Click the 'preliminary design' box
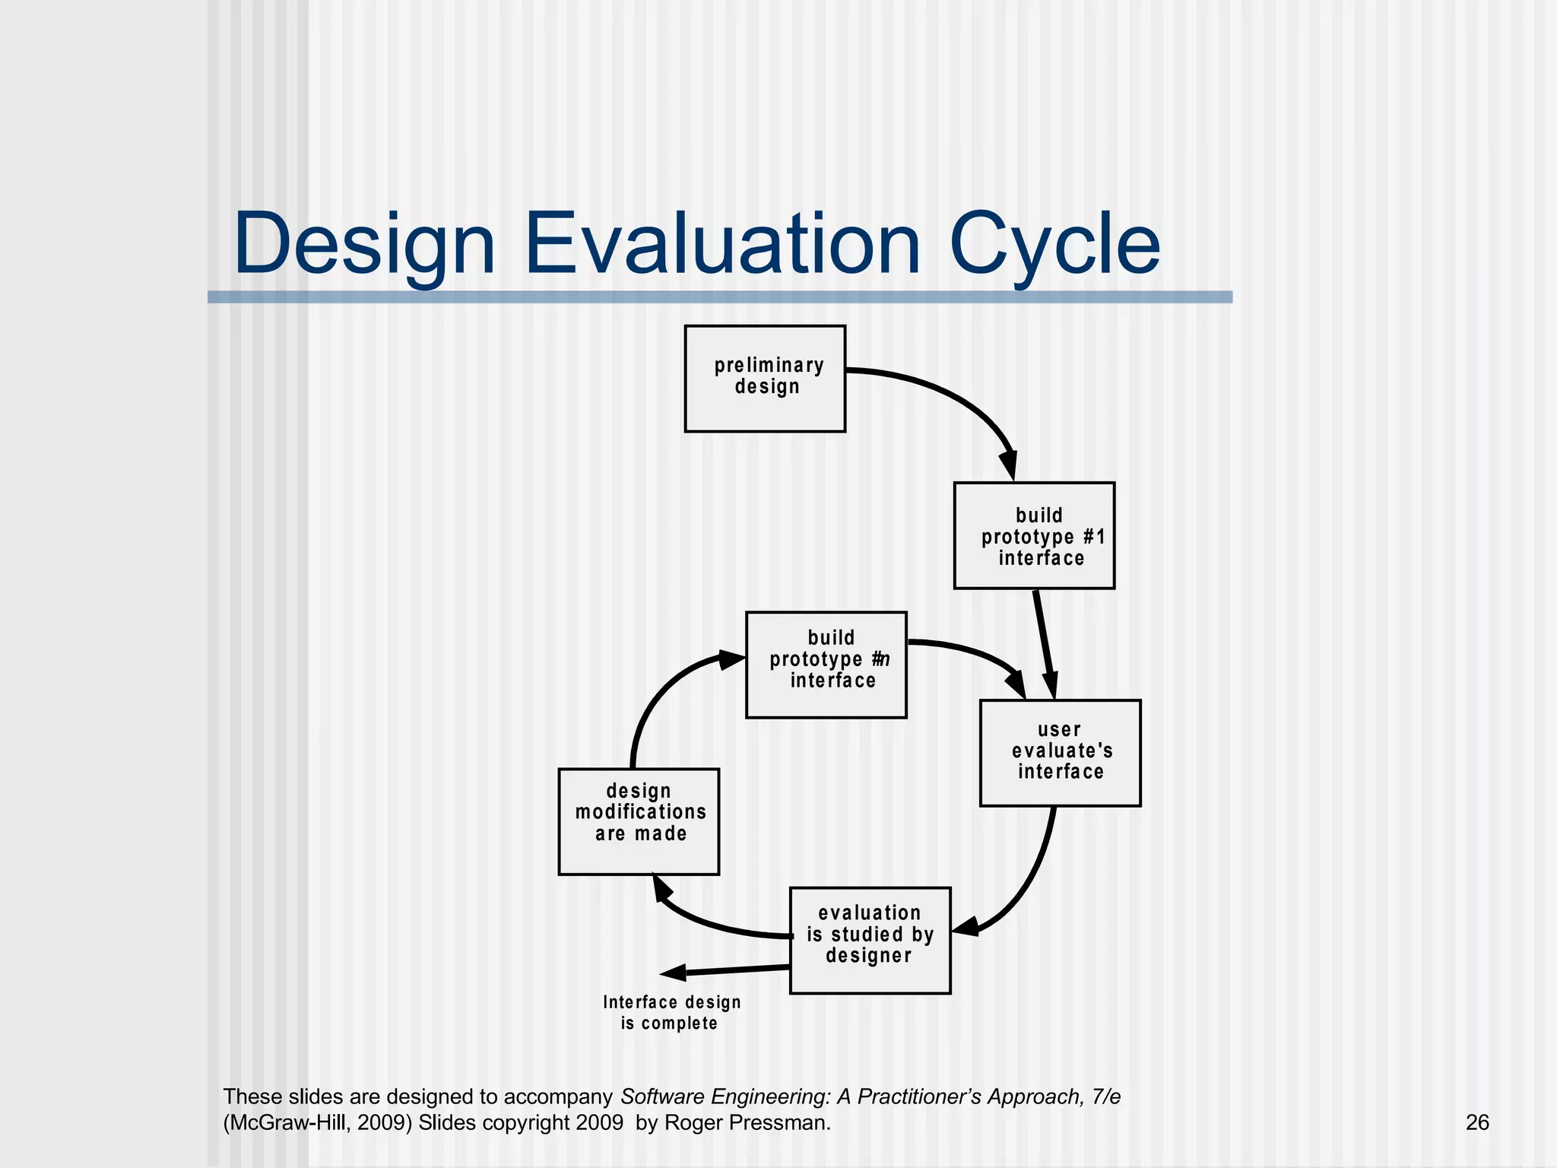(x=765, y=379)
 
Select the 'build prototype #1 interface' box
(x=1034, y=535)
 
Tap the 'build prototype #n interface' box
(x=826, y=665)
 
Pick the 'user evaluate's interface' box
(x=1060, y=752)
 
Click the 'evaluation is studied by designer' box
(x=870, y=940)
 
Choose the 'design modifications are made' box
(x=639, y=821)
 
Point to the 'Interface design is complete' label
(x=671, y=1013)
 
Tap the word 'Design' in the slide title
(x=365, y=245)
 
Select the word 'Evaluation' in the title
(x=722, y=245)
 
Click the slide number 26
(x=1476, y=1122)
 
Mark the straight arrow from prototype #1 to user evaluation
(x=1044, y=643)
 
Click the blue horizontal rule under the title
(x=719, y=297)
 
